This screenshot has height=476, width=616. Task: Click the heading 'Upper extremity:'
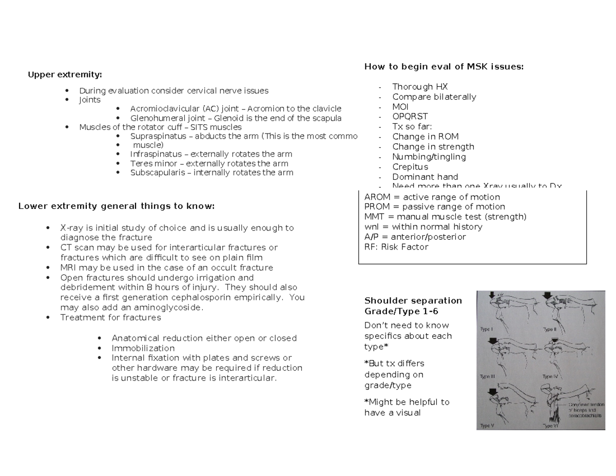[65, 75]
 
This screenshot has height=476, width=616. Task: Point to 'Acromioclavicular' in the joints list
[164, 109]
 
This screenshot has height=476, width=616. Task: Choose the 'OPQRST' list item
[410, 117]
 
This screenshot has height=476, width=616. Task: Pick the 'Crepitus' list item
[410, 167]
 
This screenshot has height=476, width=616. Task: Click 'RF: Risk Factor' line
[396, 247]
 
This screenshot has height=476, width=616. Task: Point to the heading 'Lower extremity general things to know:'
[116, 206]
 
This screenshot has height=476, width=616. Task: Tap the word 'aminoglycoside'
[174, 308]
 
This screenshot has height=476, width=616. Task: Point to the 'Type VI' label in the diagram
[551, 426]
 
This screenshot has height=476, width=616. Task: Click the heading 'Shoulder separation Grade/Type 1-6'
[413, 306]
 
